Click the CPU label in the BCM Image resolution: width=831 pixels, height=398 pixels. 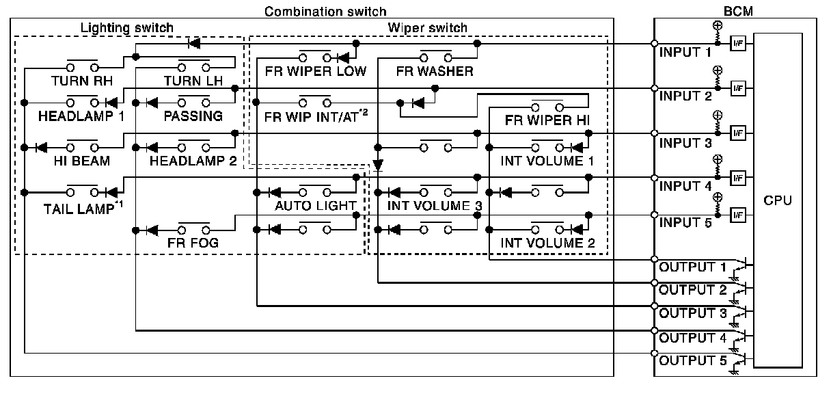[x=778, y=200]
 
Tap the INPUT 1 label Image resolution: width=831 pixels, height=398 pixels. [x=685, y=53]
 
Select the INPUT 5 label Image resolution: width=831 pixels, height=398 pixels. [x=685, y=223]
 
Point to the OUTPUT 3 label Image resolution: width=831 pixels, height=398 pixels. [x=693, y=313]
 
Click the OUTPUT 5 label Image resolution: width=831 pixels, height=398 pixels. [x=693, y=360]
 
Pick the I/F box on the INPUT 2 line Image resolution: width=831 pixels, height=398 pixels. [x=738, y=88]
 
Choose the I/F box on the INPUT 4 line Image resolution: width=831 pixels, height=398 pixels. [x=738, y=178]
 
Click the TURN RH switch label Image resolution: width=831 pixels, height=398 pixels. [x=81, y=81]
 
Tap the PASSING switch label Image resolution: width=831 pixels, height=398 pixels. [x=193, y=116]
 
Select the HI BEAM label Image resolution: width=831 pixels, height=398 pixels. [x=81, y=161]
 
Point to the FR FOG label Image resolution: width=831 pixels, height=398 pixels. [x=193, y=243]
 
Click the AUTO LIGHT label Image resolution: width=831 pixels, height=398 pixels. [x=315, y=206]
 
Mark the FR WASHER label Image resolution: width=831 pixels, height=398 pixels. [x=435, y=71]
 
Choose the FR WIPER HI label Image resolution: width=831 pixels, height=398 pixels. [x=547, y=120]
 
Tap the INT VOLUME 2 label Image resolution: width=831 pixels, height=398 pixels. [x=547, y=243]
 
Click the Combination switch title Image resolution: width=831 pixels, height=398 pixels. [x=325, y=12]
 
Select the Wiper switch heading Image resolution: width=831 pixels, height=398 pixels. [x=427, y=28]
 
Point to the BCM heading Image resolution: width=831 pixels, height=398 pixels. [x=738, y=11]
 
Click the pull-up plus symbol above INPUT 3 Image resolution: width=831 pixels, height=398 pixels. [x=718, y=116]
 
